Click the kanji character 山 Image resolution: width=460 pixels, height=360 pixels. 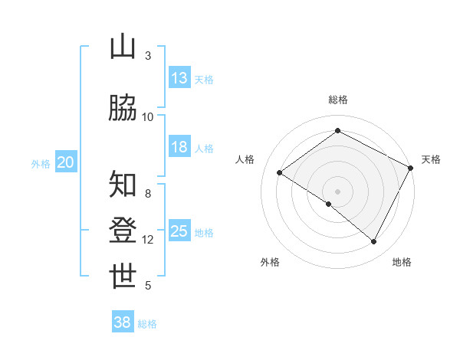[x=123, y=47]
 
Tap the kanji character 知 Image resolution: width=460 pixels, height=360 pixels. [x=123, y=185]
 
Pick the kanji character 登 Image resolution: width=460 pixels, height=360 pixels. [x=123, y=231]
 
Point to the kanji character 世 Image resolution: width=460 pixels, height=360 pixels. [x=123, y=277]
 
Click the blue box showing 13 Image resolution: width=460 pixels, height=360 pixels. [x=179, y=78]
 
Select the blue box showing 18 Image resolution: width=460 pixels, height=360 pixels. [x=179, y=147]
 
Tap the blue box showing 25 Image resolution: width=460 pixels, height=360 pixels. [x=179, y=232]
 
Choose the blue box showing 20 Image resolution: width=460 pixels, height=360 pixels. [x=66, y=162]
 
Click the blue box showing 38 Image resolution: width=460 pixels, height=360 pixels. [x=123, y=323]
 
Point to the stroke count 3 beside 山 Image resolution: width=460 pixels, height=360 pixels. [x=148, y=56]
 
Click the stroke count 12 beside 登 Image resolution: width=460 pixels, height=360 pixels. [x=148, y=240]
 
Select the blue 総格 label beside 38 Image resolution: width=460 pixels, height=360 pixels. [x=147, y=324]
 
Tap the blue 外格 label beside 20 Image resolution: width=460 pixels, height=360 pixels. [x=41, y=163]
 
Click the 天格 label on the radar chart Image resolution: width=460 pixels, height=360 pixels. [x=431, y=159]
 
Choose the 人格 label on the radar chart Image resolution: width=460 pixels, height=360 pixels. [x=245, y=159]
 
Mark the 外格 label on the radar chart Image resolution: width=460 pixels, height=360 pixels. [x=270, y=262]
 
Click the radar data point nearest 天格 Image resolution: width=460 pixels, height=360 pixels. [x=410, y=168]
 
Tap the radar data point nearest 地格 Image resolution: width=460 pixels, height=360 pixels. [x=374, y=242]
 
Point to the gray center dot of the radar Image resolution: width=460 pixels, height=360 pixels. [x=337, y=191]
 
